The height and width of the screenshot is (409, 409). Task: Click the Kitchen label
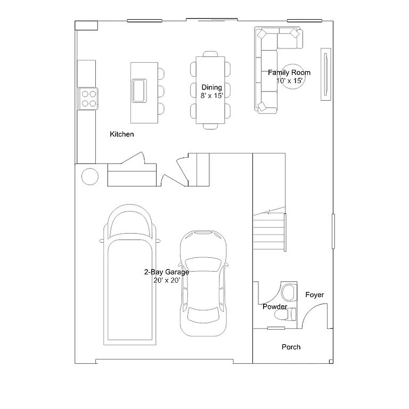122,134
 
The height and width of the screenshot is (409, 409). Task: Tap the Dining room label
211,87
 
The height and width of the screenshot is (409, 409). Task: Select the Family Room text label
289,72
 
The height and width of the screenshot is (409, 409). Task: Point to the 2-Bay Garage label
167,272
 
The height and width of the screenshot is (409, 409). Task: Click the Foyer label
315,295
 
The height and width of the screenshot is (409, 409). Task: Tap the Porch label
291,347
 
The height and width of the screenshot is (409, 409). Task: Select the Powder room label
275,307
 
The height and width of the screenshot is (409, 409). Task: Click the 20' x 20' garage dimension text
167,280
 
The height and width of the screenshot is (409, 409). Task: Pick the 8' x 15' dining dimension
211,95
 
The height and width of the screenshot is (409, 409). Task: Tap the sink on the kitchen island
140,89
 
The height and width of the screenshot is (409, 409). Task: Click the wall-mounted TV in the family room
324,74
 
